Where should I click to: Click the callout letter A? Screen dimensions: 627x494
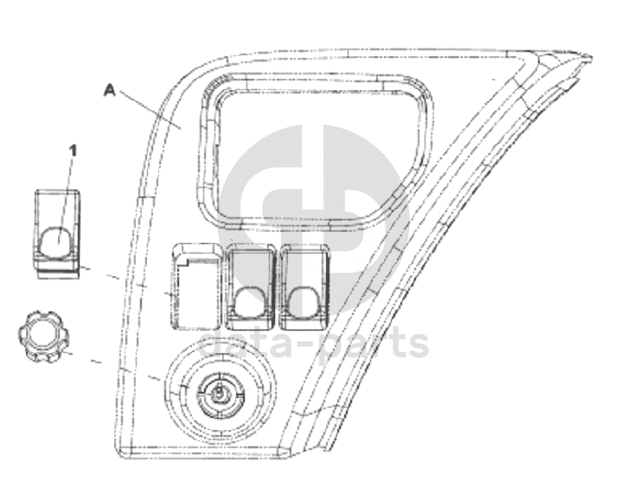[x=109, y=90]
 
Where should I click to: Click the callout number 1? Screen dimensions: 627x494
[x=73, y=151]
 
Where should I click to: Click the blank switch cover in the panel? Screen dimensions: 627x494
[x=196, y=286]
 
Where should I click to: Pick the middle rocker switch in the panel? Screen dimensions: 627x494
[x=251, y=286]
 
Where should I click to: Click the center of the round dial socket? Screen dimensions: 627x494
[x=220, y=394]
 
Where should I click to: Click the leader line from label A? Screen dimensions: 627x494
[x=150, y=110]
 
